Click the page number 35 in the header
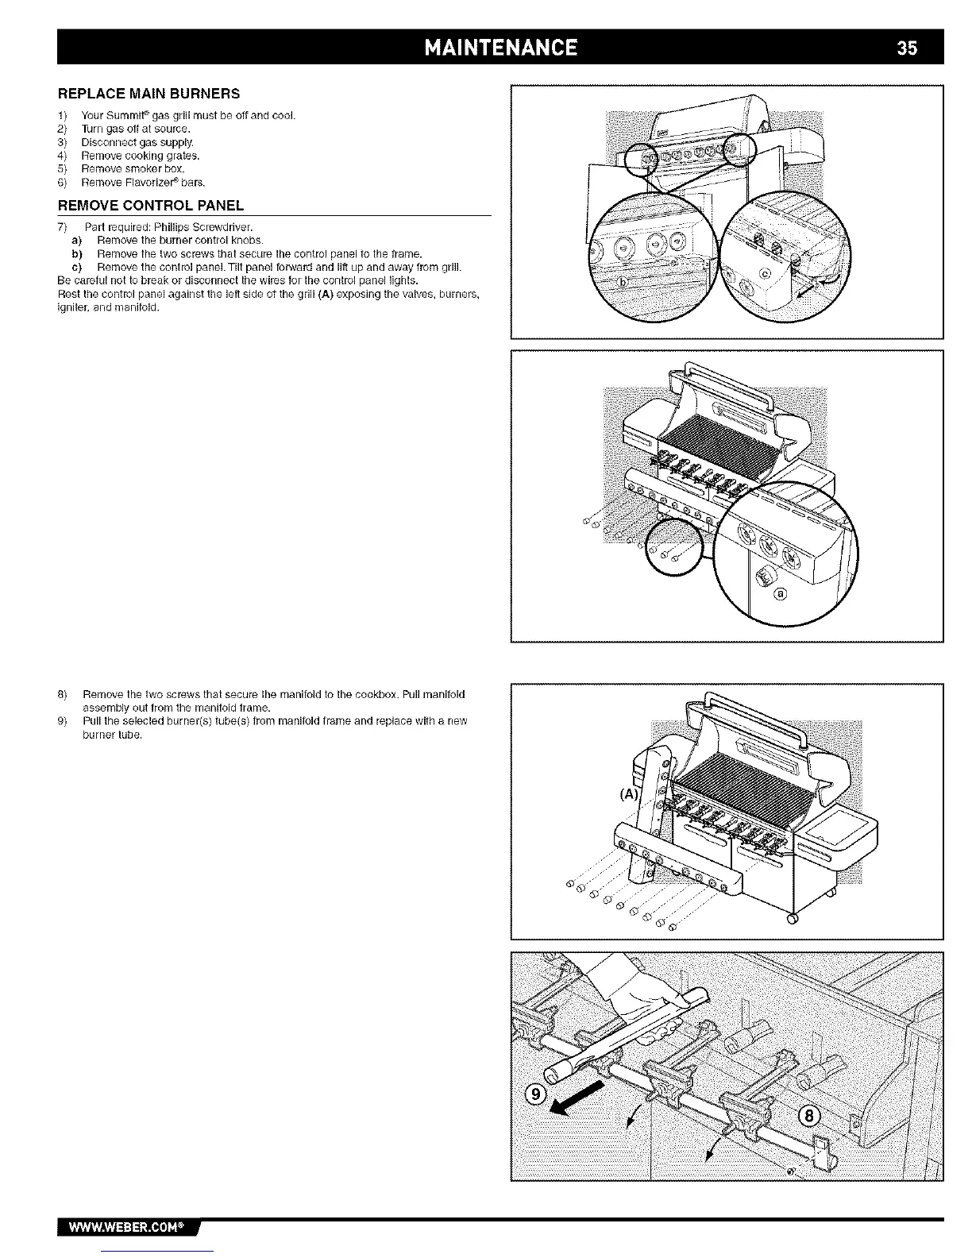[907, 47]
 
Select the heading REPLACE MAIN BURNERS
[149, 94]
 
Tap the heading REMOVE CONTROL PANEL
[151, 206]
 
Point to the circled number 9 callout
[538, 1095]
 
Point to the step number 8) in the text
[63, 694]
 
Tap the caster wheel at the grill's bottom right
[791, 920]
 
